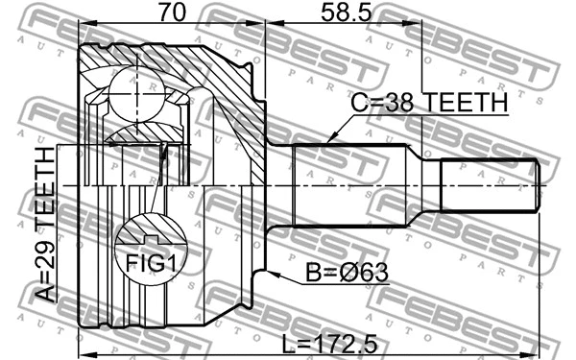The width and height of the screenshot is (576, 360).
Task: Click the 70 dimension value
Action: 170,15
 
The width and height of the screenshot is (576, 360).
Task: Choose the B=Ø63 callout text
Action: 348,276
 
